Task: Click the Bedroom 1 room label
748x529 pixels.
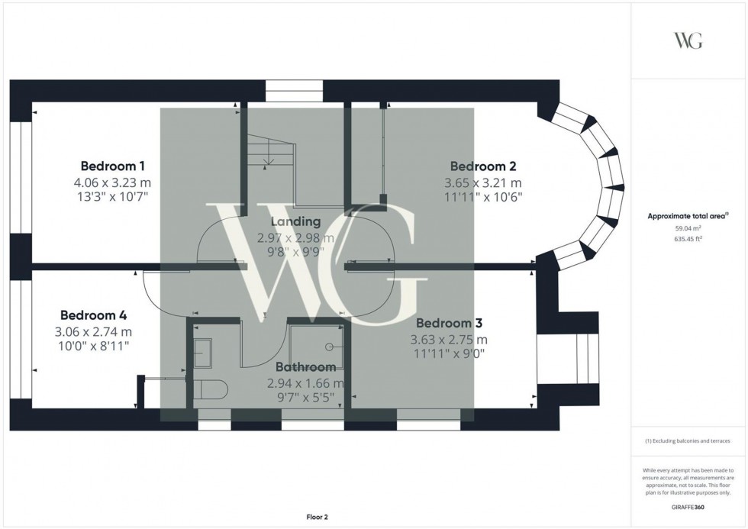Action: tap(113, 166)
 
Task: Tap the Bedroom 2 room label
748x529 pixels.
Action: tap(482, 166)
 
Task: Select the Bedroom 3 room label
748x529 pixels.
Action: tap(449, 323)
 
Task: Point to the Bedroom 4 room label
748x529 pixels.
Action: tap(93, 314)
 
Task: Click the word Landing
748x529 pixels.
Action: tap(289, 221)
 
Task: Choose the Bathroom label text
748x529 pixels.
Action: tap(305, 367)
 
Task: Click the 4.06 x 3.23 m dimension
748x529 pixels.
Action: tap(113, 182)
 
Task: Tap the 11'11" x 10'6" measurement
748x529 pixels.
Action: tap(482, 197)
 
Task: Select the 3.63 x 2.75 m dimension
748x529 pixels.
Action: tap(449, 339)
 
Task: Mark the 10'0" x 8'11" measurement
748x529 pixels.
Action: tap(93, 346)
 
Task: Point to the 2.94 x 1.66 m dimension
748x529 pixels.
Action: tap(305, 383)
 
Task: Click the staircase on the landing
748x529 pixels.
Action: tap(269, 156)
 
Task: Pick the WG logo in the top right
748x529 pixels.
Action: tap(688, 40)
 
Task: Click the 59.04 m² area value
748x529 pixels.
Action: tap(688, 227)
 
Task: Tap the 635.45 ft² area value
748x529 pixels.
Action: tap(688, 238)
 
